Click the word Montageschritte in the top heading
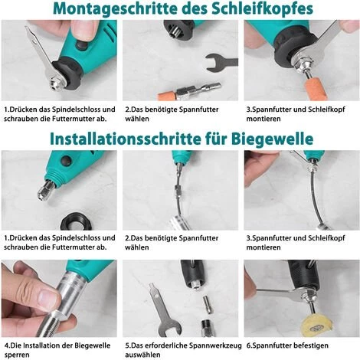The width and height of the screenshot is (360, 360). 115,9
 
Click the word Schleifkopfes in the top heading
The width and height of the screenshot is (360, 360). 262,9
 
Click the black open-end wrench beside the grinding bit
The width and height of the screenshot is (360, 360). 221,63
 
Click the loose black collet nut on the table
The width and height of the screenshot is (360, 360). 75,221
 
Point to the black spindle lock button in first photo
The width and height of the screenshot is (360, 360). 81,46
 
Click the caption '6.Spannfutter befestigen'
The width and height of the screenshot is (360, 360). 287,345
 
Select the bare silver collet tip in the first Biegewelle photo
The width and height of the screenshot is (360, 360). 44,191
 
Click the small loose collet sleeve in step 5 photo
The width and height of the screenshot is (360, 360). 207,304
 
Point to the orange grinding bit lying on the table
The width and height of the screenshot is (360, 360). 166,97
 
